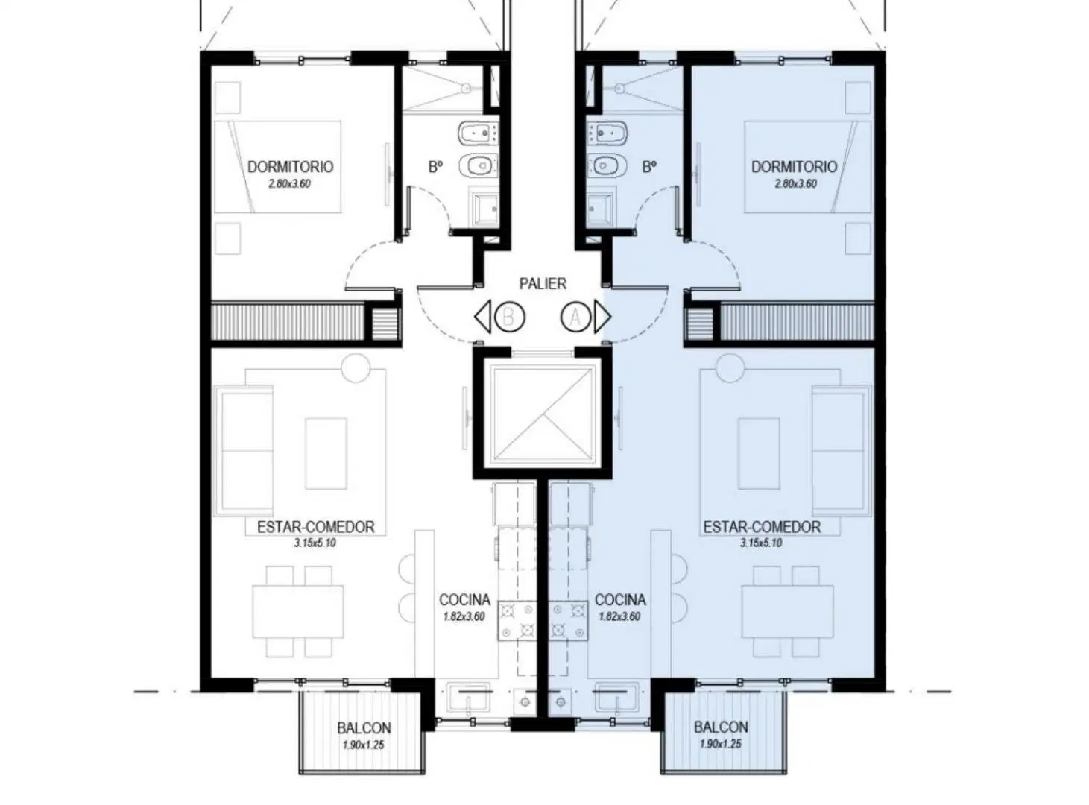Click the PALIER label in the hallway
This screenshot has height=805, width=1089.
coord(543,283)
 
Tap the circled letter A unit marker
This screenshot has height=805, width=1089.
coord(576,317)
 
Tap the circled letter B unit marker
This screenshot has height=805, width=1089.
coord(509,317)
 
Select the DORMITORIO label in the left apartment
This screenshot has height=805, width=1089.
coord(290,167)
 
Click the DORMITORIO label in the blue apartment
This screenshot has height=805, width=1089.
coord(794,167)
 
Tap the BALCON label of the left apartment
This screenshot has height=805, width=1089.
coord(364,728)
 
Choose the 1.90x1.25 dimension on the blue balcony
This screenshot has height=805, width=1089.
coord(721,744)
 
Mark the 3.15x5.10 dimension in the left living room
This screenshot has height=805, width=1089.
coord(315,543)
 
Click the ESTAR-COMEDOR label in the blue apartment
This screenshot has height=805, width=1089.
coord(762,527)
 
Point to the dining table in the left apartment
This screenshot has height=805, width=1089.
coord(298,611)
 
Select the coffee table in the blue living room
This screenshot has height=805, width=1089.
coord(759,454)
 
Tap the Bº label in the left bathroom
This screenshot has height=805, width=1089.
coord(435,168)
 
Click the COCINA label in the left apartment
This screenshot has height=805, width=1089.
coord(464,600)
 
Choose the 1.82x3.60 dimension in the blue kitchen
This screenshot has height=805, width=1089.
coord(619,616)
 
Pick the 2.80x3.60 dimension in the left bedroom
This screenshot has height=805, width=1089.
coord(290,184)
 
